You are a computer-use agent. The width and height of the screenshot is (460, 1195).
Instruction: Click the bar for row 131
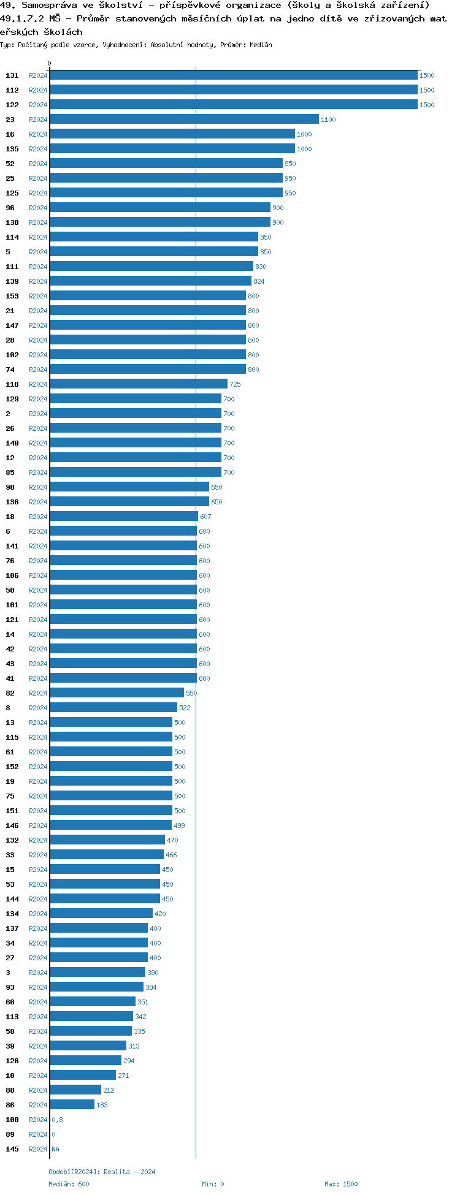tap(233, 75)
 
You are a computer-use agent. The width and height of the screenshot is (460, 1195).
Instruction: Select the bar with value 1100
tap(184, 120)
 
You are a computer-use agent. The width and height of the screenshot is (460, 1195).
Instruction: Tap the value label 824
tap(259, 281)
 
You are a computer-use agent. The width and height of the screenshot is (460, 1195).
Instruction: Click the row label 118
tap(12, 384)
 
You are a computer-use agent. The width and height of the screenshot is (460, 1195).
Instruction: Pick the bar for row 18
tap(123, 517)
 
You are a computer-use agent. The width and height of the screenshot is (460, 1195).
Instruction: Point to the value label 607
tap(205, 517)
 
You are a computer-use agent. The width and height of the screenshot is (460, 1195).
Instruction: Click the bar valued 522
tap(113, 708)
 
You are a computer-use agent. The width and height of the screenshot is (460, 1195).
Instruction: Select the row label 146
tap(12, 825)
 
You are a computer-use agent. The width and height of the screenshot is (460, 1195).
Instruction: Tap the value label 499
tap(179, 825)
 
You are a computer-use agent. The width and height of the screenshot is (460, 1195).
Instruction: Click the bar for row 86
tap(72, 1105)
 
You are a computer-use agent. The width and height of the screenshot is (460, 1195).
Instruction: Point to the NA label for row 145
tap(55, 1149)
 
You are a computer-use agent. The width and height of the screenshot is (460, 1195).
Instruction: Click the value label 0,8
tap(57, 1120)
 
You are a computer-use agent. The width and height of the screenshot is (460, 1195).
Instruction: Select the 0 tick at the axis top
tap(50, 63)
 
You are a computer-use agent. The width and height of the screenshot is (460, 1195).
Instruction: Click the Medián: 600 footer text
tap(69, 1184)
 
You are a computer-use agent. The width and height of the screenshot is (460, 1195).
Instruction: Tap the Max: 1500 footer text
tap(341, 1184)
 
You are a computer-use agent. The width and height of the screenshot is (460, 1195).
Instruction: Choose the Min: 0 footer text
tap(213, 1184)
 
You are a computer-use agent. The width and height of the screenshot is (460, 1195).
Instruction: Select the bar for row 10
tap(83, 1075)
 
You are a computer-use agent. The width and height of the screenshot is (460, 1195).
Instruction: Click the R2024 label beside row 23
tap(38, 120)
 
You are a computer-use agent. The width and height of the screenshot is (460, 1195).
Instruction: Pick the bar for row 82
tap(117, 693)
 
